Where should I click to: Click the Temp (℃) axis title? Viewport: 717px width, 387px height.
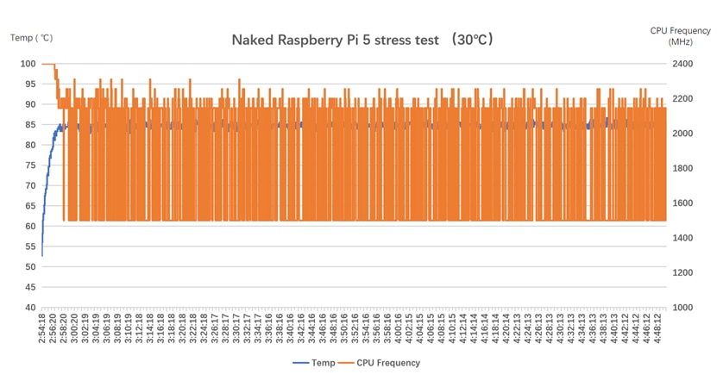tap(32, 37)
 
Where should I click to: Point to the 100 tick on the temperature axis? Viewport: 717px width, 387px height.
tap(27, 64)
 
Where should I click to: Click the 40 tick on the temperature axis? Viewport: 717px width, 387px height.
tap(29, 308)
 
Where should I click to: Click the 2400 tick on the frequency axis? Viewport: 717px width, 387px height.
tap(682, 64)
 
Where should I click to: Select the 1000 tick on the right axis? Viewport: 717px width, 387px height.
tap(682, 308)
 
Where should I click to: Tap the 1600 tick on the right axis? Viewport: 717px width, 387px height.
tap(682, 203)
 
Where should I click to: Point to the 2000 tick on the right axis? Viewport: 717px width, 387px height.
tap(682, 134)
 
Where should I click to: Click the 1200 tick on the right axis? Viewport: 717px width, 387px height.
tap(682, 272)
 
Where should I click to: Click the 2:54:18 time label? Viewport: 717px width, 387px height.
tap(42, 328)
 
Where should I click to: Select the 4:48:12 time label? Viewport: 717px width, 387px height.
tap(660, 328)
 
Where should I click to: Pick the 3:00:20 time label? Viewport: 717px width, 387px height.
tap(74, 328)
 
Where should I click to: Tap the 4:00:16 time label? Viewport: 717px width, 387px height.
tap(397, 328)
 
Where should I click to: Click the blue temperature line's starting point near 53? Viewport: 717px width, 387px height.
tap(42, 255)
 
